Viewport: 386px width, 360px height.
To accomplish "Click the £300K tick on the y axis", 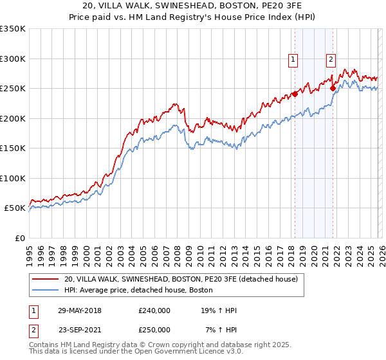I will (13, 59).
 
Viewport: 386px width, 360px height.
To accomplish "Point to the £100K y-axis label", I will (13, 178).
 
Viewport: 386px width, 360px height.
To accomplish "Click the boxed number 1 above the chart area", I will (293, 60).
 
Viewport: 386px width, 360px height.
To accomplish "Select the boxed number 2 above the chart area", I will (331, 60).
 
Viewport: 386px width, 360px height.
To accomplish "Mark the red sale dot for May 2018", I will (295, 94).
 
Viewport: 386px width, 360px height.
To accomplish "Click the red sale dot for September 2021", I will (333, 88).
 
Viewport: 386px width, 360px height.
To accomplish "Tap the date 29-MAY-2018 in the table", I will (79, 310).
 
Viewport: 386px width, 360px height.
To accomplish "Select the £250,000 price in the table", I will (154, 329).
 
